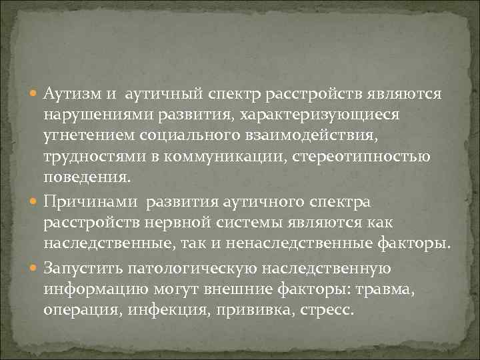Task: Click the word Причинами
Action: pyautogui.click(x=90, y=201)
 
